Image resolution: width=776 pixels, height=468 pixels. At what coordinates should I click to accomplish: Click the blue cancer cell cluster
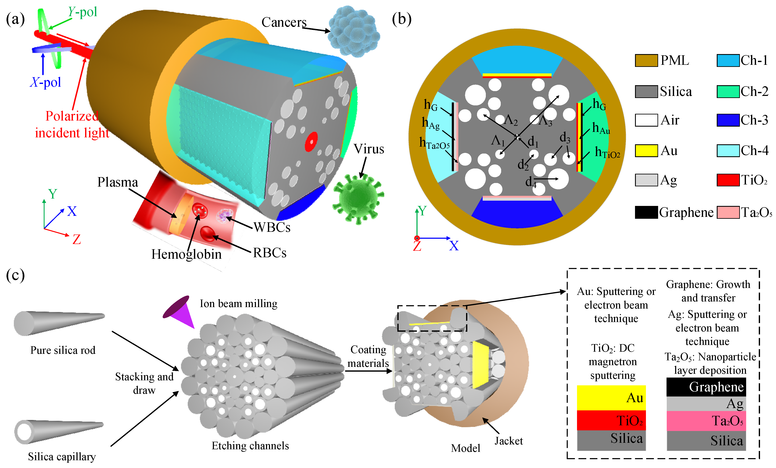353,32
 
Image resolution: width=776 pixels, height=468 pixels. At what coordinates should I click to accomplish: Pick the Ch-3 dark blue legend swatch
728,120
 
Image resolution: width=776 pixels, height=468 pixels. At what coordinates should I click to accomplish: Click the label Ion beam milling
238,304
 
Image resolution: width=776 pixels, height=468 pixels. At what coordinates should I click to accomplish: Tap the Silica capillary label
62,456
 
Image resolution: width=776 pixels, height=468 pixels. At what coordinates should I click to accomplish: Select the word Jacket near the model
508,441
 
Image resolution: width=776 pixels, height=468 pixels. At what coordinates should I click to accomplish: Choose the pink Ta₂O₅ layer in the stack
706,421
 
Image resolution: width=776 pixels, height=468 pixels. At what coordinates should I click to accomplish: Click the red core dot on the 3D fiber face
311,142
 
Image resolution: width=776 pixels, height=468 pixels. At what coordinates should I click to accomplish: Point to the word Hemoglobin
186,254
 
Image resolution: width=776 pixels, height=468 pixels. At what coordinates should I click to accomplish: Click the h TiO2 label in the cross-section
607,152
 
